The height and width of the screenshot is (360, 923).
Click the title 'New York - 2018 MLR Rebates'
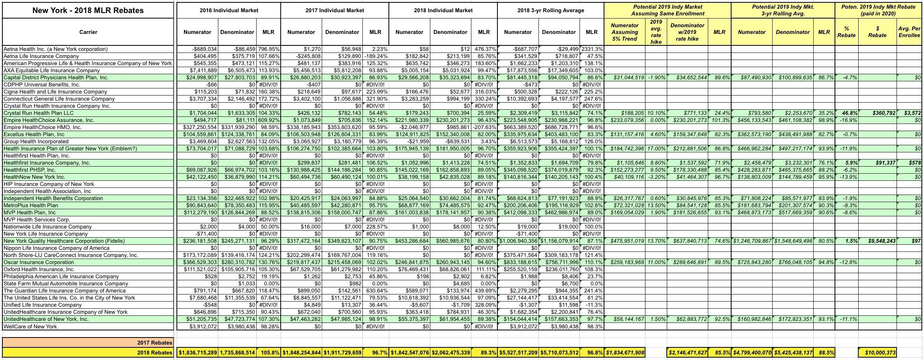pos(88,11)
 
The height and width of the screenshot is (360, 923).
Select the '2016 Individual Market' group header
pos(229,11)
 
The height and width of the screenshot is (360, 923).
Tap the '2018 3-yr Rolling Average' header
pos(550,11)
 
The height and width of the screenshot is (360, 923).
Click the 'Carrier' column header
pos(88,32)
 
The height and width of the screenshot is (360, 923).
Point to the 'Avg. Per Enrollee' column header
pos(909,32)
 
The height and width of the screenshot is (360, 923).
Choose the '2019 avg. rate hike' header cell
pos(656,32)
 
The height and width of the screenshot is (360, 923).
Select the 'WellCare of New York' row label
pos(30,326)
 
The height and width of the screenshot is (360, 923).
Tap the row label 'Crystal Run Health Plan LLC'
pos(39,113)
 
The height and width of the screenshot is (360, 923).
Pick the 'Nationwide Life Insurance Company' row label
pos(47,227)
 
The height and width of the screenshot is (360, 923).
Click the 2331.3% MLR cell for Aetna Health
pos(592,49)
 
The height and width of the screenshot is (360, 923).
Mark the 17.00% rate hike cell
pos(656,149)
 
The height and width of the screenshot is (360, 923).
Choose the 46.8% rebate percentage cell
pos(847,113)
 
